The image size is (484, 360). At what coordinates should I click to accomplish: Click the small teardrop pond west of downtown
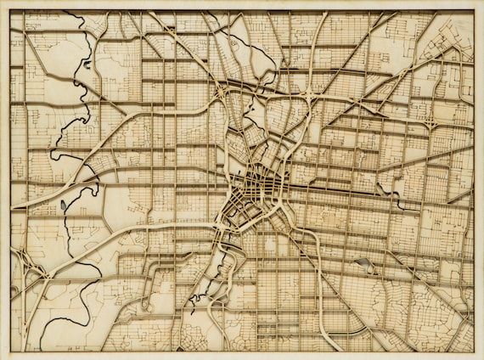[64, 205]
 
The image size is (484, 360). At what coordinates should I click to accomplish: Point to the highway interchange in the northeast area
[430, 122]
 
